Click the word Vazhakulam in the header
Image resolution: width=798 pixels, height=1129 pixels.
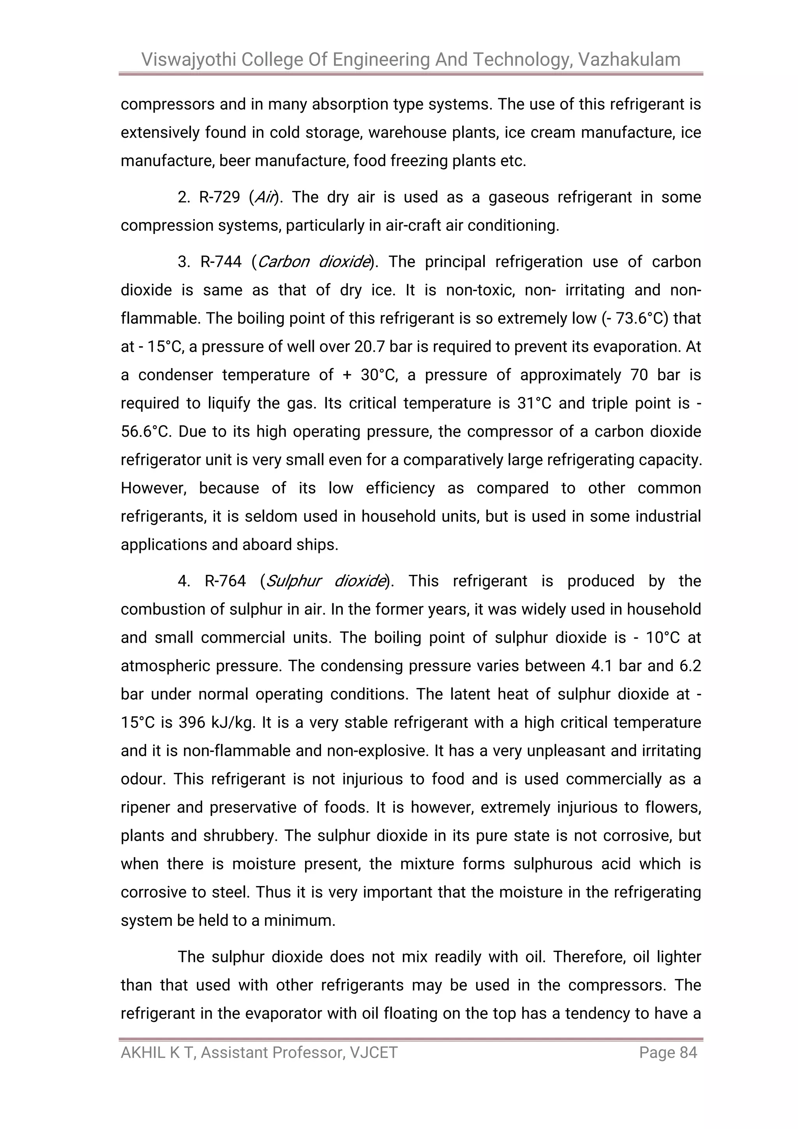pyautogui.click(x=629, y=60)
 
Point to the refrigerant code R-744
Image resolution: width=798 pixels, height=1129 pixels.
pyautogui.click(x=221, y=262)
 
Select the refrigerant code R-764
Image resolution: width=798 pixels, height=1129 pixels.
pyautogui.click(x=225, y=581)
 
